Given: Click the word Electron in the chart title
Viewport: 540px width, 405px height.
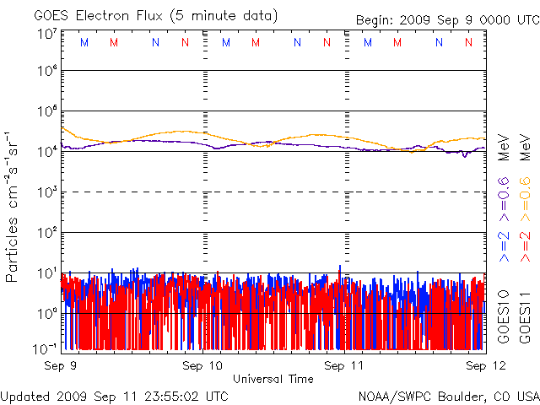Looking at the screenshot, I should coord(105,16).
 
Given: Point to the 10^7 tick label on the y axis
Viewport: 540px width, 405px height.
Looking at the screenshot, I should coord(46,34).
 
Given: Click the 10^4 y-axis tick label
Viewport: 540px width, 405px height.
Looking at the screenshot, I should coord(46,151).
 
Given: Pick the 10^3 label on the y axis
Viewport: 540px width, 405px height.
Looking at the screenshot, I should coord(46,192).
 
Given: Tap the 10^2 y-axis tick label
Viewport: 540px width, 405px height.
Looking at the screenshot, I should coord(46,232).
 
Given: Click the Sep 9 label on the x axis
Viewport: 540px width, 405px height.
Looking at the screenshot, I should coord(61,366).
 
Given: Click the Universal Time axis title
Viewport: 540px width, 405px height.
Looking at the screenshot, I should coord(273,379).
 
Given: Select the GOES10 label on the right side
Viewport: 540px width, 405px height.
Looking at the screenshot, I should coord(503,316).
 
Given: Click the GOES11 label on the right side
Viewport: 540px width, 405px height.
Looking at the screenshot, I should coord(524,316).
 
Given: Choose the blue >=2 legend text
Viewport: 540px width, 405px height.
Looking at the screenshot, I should coord(503,245).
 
